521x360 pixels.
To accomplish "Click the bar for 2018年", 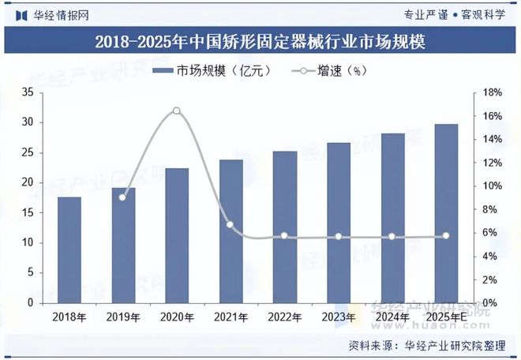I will click(x=69, y=249).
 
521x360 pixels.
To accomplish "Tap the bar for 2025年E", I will click(x=445, y=213).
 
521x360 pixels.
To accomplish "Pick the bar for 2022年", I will click(x=284, y=227).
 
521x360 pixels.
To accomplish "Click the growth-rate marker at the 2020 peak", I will click(x=177, y=111).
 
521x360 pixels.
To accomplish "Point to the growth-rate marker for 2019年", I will click(x=122, y=197).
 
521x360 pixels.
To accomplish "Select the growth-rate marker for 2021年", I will click(x=231, y=225).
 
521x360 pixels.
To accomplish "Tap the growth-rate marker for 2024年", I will click(x=392, y=237).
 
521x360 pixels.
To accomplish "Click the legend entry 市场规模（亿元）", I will click(x=212, y=71).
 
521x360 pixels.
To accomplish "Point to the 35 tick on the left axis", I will click(x=27, y=92).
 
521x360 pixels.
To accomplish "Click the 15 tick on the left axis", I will click(x=27, y=212).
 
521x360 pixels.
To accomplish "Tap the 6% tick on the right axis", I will click(x=490, y=233).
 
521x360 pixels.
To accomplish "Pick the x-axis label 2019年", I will click(x=122, y=317).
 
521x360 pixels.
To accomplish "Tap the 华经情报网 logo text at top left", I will click(x=52, y=13).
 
